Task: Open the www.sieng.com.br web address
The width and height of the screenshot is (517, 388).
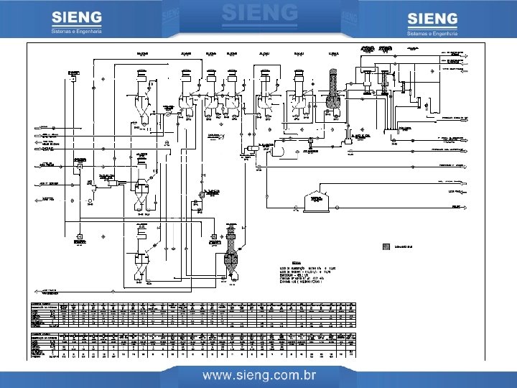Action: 258,375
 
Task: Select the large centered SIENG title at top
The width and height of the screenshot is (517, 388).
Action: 259,12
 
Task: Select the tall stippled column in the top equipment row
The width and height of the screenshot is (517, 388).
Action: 334,90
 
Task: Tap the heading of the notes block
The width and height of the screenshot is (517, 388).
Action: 296,262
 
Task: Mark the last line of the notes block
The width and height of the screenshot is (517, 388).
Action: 309,287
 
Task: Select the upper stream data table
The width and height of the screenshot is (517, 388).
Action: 194,315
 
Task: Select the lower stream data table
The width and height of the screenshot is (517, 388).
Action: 194,346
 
